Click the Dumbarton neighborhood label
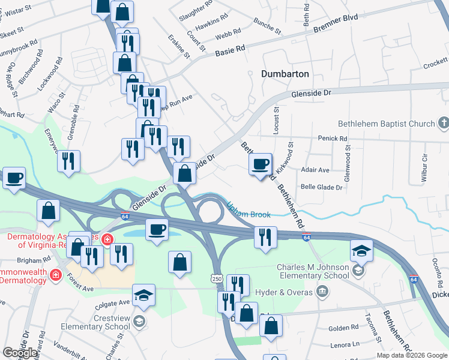pyautogui.click(x=285, y=74)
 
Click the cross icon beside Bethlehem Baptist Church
pyautogui.click(x=444, y=124)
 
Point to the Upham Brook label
pyautogui.click(x=248, y=210)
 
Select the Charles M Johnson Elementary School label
pyautogui.click(x=313, y=271)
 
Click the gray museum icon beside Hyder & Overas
pyautogui.click(x=323, y=292)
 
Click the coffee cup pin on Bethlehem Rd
pyautogui.click(x=260, y=164)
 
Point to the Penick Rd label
pyautogui.click(x=335, y=139)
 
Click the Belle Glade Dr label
pyautogui.click(x=321, y=187)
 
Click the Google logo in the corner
pyautogui.click(x=19, y=353)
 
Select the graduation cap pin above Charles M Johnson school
pyautogui.click(x=361, y=250)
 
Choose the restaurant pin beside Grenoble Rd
pyautogui.click(x=69, y=161)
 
